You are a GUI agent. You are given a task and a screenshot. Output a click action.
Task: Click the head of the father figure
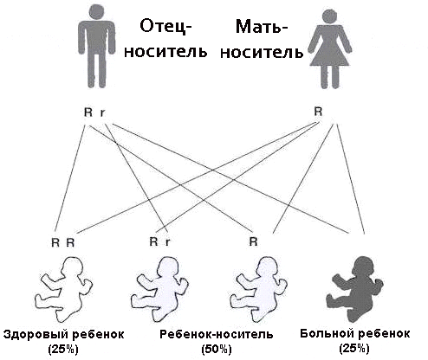click(97, 12)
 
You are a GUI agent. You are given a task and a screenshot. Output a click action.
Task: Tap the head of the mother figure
click(329, 17)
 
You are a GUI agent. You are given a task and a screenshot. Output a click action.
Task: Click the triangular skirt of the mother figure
click(329, 55)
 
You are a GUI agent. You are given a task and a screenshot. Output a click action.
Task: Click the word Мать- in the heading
click(262, 27)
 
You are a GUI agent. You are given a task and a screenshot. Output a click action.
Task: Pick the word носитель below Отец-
click(165, 51)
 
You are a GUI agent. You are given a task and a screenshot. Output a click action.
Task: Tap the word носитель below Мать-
click(262, 52)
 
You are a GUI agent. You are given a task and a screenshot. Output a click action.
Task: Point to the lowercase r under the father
click(102, 112)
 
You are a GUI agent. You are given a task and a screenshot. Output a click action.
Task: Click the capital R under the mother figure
click(318, 112)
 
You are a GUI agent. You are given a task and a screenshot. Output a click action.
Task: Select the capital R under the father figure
click(88, 112)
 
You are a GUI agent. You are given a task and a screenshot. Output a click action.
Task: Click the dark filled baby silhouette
click(354, 289)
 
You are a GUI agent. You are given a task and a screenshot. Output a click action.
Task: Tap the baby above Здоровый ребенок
click(63, 289)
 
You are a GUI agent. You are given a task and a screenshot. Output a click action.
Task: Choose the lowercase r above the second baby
click(167, 242)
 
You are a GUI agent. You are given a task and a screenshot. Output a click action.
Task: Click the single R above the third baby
click(253, 241)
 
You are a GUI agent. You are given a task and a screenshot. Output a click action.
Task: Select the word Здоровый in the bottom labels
click(36, 335)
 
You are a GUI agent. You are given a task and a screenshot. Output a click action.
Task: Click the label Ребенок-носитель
click(217, 335)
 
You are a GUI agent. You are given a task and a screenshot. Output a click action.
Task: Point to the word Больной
click(327, 334)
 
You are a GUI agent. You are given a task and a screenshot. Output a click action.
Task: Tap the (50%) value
click(217, 350)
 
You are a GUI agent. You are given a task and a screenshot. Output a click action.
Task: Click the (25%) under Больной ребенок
click(354, 349)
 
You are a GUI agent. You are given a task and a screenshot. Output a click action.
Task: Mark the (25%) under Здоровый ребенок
click(63, 350)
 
